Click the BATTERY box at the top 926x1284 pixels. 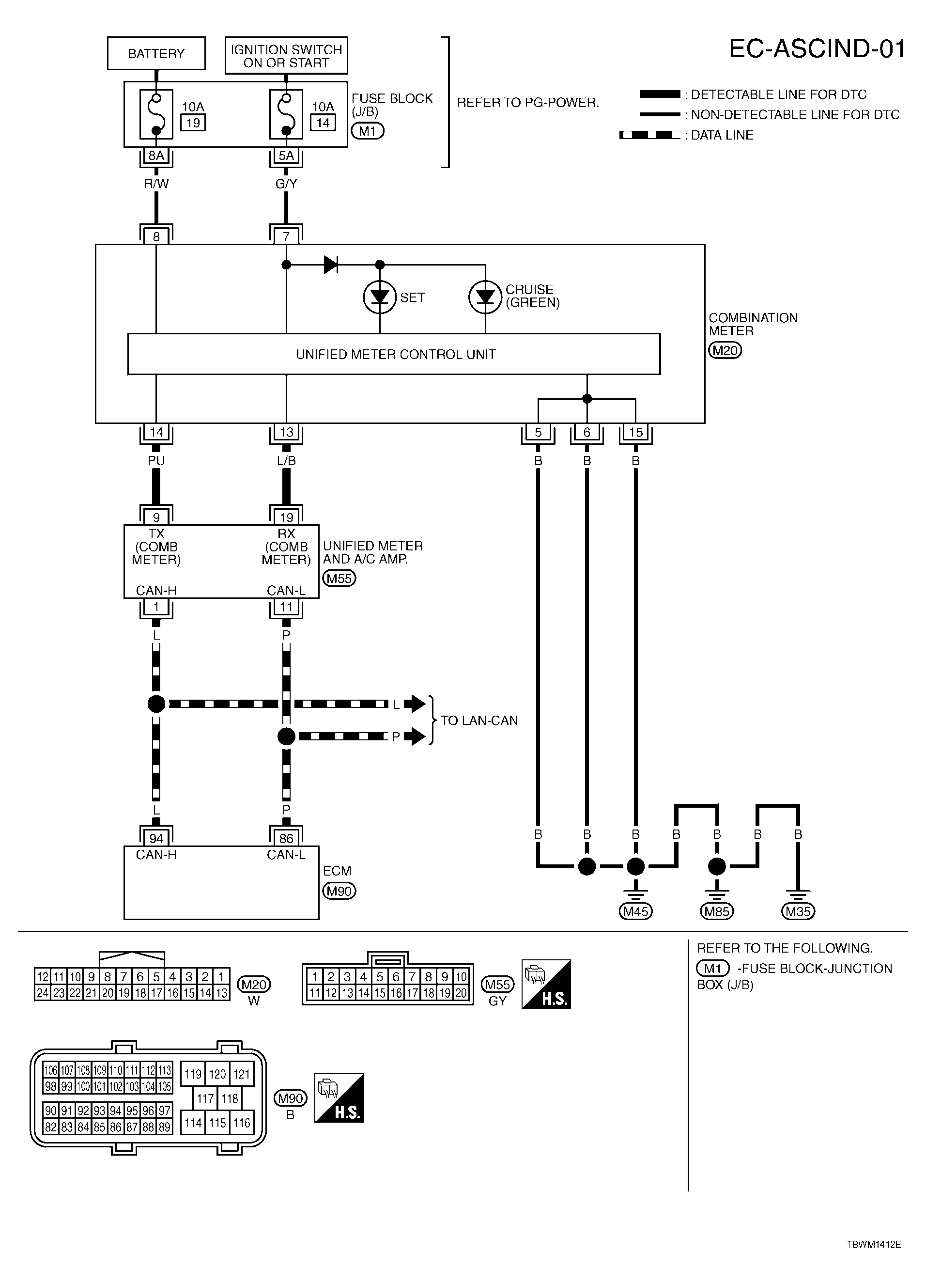[x=156, y=53]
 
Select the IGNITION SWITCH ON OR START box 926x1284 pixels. [x=286, y=56]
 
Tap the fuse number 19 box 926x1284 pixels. [x=193, y=123]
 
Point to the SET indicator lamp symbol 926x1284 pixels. [x=379, y=297]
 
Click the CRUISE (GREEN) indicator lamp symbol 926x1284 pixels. [x=485, y=297]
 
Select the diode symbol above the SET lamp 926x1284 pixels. [x=331, y=265]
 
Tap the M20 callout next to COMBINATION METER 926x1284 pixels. [x=725, y=350]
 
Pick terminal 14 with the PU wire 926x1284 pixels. [x=156, y=433]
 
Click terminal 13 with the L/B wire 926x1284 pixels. [x=286, y=433]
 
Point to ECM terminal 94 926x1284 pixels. [x=156, y=838]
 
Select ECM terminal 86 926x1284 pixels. [x=286, y=838]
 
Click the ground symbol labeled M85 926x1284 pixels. [x=717, y=894]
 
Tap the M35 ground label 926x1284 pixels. [x=798, y=911]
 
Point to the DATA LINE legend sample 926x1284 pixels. [x=649, y=135]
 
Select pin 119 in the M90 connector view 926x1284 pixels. [x=193, y=1075]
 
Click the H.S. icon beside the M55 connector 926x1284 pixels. [x=546, y=985]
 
